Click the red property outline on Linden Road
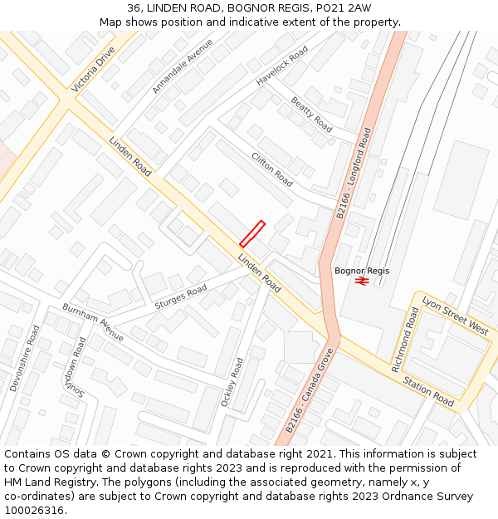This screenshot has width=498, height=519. coord(251,233)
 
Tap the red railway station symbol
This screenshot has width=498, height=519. coord(362,282)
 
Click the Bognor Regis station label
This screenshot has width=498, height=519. coord(362,271)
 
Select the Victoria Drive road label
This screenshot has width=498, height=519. coord(94,69)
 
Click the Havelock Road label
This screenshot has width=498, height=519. coord(282,66)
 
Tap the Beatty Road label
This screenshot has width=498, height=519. coord(311,115)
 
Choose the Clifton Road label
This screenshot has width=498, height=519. coord(272,169)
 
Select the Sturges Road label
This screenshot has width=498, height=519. coord(180,297)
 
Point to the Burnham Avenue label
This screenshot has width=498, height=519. coord(93,323)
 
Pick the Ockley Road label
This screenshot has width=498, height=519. coord(230,382)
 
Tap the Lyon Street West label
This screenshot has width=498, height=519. coord(455,315)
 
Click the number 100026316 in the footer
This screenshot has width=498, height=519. coord(35,510)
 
